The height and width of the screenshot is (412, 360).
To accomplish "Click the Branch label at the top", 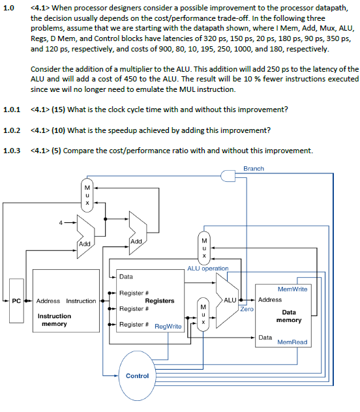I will (x=254, y=168).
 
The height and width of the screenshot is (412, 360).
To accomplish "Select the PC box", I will (x=18, y=301).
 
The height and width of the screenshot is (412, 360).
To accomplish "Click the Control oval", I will (x=137, y=375).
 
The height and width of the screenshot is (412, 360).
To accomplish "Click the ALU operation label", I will (x=207, y=269).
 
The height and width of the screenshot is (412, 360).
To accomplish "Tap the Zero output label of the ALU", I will (x=247, y=308).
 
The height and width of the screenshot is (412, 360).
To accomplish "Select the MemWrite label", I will (x=293, y=288).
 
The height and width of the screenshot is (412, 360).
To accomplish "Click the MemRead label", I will (x=292, y=342).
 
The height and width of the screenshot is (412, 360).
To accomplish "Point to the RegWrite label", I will (x=168, y=326).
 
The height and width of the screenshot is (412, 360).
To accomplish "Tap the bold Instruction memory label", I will (x=55, y=320).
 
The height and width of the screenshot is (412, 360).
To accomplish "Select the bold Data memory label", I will (x=289, y=316).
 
